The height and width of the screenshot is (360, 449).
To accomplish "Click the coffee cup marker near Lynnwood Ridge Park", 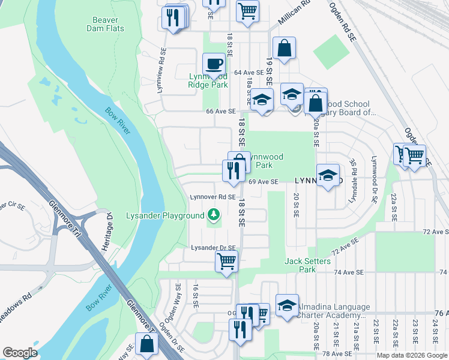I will point(214,64).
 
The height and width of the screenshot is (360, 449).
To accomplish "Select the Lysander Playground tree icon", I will point(213,214).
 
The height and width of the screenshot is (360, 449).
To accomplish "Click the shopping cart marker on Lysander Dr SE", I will point(226,261).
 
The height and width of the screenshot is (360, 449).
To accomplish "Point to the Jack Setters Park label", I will point(307,265).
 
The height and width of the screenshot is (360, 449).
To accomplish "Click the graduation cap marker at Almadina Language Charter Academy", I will point(287,305).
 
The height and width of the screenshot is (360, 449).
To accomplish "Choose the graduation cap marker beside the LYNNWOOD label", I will point(328,175).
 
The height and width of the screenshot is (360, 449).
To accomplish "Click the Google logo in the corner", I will point(20,353).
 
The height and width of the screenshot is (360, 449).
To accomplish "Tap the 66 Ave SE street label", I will point(220,112).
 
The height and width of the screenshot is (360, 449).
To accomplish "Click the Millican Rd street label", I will point(298,12).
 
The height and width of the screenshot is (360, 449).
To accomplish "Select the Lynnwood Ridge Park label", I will point(208,80).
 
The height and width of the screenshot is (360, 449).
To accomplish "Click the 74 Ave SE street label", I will point(349,272).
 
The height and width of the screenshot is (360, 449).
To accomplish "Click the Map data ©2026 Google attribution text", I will point(412,355).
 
